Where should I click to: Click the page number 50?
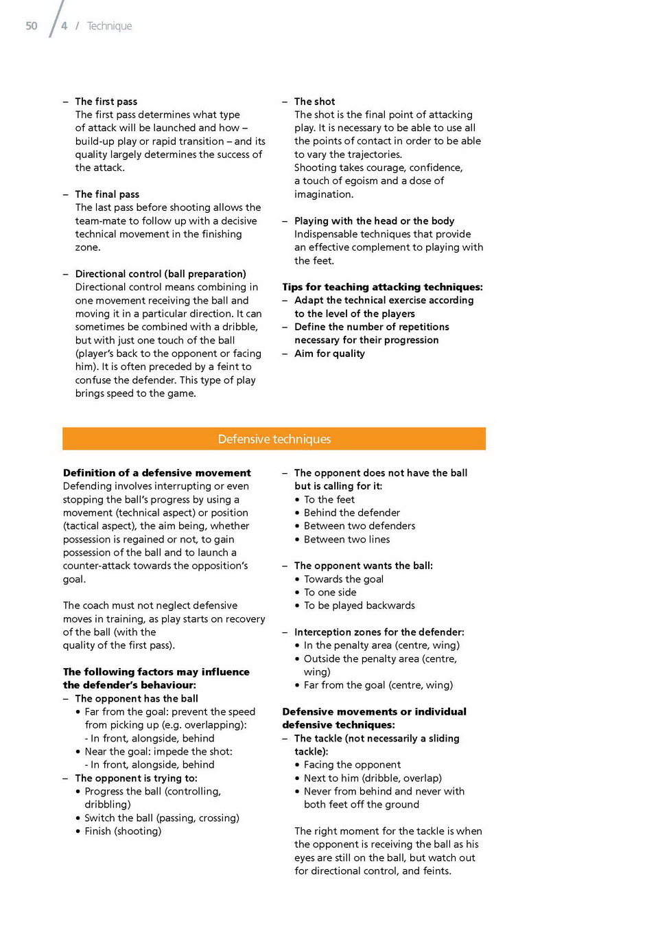pyautogui.click(x=32, y=26)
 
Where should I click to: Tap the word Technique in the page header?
pyautogui.click(x=109, y=26)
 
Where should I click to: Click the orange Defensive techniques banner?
pyautogui.click(x=274, y=439)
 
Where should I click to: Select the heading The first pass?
pyautogui.click(x=106, y=102)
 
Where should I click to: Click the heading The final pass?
pyautogui.click(x=107, y=194)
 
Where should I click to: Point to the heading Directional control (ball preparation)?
pyautogui.click(x=161, y=274)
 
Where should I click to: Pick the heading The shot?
pyautogui.click(x=315, y=102)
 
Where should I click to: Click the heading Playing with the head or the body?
pyautogui.click(x=374, y=221)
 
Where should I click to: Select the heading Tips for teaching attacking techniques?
pyautogui.click(x=382, y=287)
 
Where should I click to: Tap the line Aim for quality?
pyautogui.click(x=329, y=354)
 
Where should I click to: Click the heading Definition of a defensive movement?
pyautogui.click(x=156, y=473)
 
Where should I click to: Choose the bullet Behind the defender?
pyautogui.click(x=352, y=513)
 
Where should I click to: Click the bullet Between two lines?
pyautogui.click(x=346, y=540)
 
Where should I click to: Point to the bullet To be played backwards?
pyautogui.click(x=360, y=606)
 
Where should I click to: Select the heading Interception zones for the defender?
pyautogui.click(x=379, y=632)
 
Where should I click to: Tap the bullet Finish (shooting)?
pyautogui.click(x=123, y=831)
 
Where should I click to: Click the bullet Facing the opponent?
pyautogui.click(x=352, y=765)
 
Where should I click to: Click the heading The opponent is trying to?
pyautogui.click(x=136, y=779)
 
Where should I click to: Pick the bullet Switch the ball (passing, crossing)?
pyautogui.click(x=162, y=818)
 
